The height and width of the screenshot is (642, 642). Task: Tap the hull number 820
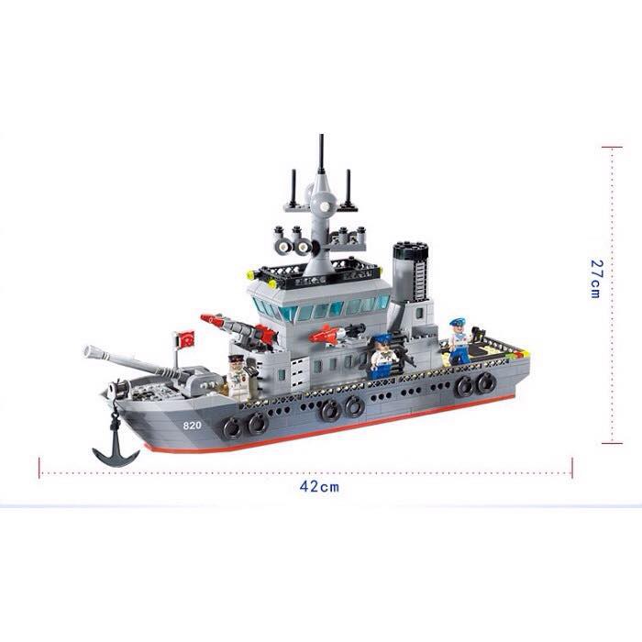point(192,426)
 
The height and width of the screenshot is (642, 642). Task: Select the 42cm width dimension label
point(319,487)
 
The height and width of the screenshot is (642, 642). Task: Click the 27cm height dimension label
point(596,279)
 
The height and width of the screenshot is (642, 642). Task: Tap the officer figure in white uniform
point(240,377)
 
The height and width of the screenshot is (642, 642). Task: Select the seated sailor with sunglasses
point(383,356)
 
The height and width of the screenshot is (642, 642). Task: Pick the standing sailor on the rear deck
point(459,342)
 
